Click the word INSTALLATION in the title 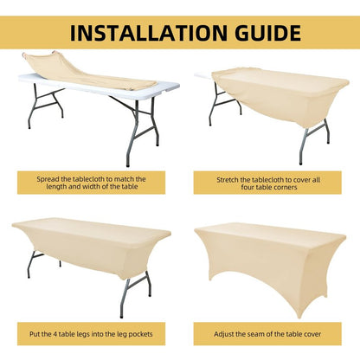coord(149,33)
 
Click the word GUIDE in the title coord(267,33)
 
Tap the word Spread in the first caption coord(48,179)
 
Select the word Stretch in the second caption coord(228,180)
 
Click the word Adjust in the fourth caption coord(224,334)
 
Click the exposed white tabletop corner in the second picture coord(203,75)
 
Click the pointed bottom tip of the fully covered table coord(299,317)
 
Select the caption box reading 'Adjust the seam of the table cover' coord(267,334)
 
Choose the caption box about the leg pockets coord(91,334)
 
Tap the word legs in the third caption coord(83,335)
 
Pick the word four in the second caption coord(247,187)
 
